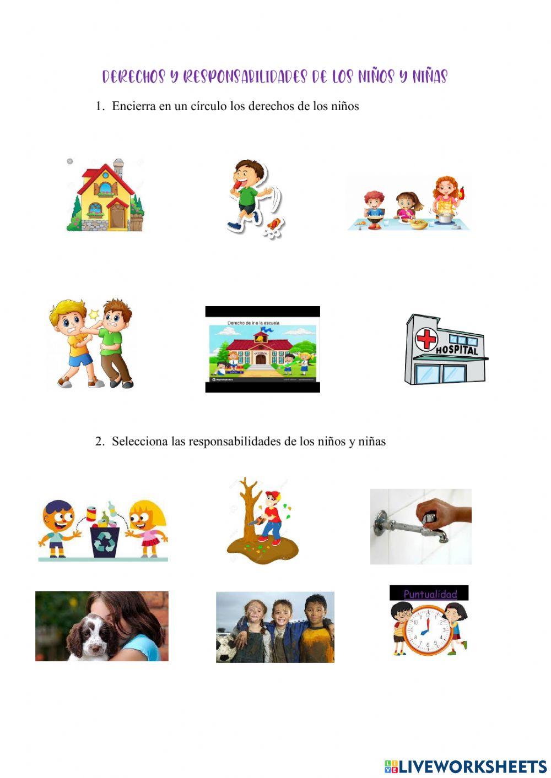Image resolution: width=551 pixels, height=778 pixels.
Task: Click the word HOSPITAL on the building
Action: tap(457, 349)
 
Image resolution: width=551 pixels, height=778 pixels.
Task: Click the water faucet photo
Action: tap(420, 526)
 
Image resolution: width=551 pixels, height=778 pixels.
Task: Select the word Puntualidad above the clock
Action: tap(430, 594)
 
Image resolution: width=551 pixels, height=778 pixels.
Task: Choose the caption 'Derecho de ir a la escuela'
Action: tap(253, 323)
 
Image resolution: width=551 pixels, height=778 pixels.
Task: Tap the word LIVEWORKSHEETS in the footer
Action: tap(472, 766)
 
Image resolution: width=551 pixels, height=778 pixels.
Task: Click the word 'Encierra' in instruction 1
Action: tap(134, 106)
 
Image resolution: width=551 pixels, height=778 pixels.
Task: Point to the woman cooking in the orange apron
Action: tap(446, 198)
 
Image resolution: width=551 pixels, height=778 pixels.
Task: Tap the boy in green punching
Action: tap(117, 341)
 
